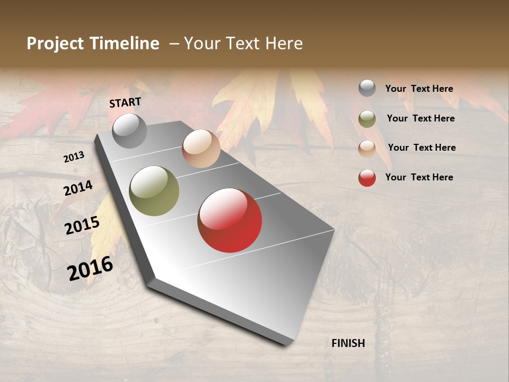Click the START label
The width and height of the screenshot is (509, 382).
point(125,102)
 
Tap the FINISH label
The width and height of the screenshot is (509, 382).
point(348,343)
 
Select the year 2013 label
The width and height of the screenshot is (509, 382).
point(74,157)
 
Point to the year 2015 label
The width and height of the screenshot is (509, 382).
point(82,225)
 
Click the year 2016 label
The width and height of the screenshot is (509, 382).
point(90,268)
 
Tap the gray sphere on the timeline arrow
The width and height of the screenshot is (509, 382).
point(129,131)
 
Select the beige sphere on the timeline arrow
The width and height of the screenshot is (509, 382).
point(201,149)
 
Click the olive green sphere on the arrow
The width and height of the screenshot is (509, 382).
point(154,191)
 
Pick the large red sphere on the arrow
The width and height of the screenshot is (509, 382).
point(230,220)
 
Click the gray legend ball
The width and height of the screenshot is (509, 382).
point(367,88)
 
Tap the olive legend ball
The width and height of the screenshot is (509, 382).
point(367,119)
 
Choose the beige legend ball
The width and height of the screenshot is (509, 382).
point(367,149)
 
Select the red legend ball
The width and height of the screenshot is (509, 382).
point(367,178)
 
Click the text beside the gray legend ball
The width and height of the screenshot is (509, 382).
point(419,89)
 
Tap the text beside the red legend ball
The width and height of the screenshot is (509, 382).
point(419,177)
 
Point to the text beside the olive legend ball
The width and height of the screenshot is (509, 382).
point(420,118)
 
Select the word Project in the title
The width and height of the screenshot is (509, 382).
point(55,44)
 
